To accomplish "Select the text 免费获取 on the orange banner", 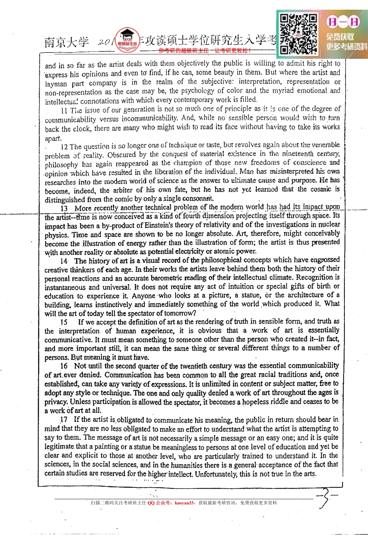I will pos(340,37).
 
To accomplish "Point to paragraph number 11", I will pos(64,111).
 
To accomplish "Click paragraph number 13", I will pos(64,208).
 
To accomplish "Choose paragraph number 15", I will pos(64,322).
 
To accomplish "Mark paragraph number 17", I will pos(64,420).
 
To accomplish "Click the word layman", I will pos(56,84).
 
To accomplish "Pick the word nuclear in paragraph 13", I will pos(328,225).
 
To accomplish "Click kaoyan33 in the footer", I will pos(184,503).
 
